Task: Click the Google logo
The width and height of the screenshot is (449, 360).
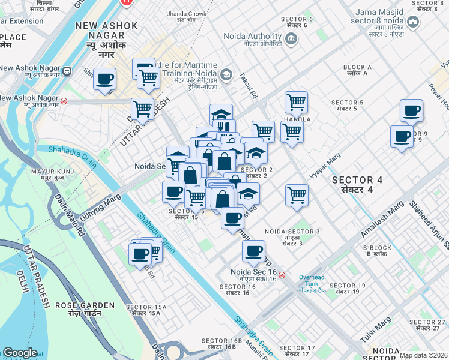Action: point(20,353)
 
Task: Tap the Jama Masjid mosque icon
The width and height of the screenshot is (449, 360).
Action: point(412,23)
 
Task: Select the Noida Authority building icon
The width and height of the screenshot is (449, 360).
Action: point(291,39)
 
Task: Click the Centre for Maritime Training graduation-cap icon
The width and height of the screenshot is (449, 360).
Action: point(226,74)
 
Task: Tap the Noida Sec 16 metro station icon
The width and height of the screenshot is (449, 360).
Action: point(282,275)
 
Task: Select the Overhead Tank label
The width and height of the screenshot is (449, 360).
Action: point(312,283)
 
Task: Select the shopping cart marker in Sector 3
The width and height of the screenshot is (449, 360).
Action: point(297,194)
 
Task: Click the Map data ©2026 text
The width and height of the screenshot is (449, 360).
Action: point(423,355)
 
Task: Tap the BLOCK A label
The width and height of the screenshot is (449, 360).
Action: point(357,70)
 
